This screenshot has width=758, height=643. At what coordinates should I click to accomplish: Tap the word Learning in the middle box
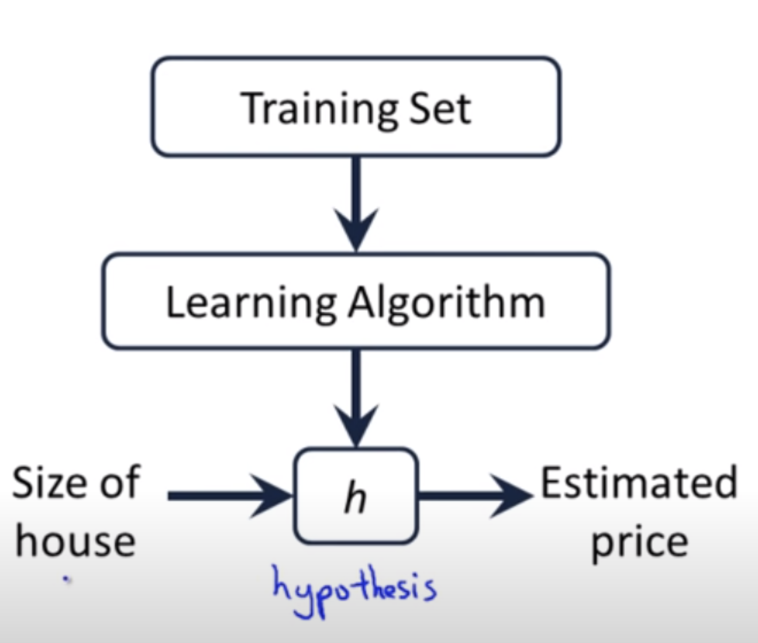pyautogui.click(x=250, y=303)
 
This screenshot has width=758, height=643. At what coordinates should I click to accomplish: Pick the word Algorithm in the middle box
pyautogui.click(x=447, y=303)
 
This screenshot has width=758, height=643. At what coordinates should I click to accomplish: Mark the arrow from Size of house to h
pyautogui.click(x=230, y=495)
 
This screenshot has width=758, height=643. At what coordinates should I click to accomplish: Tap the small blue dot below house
pyautogui.click(x=67, y=580)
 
